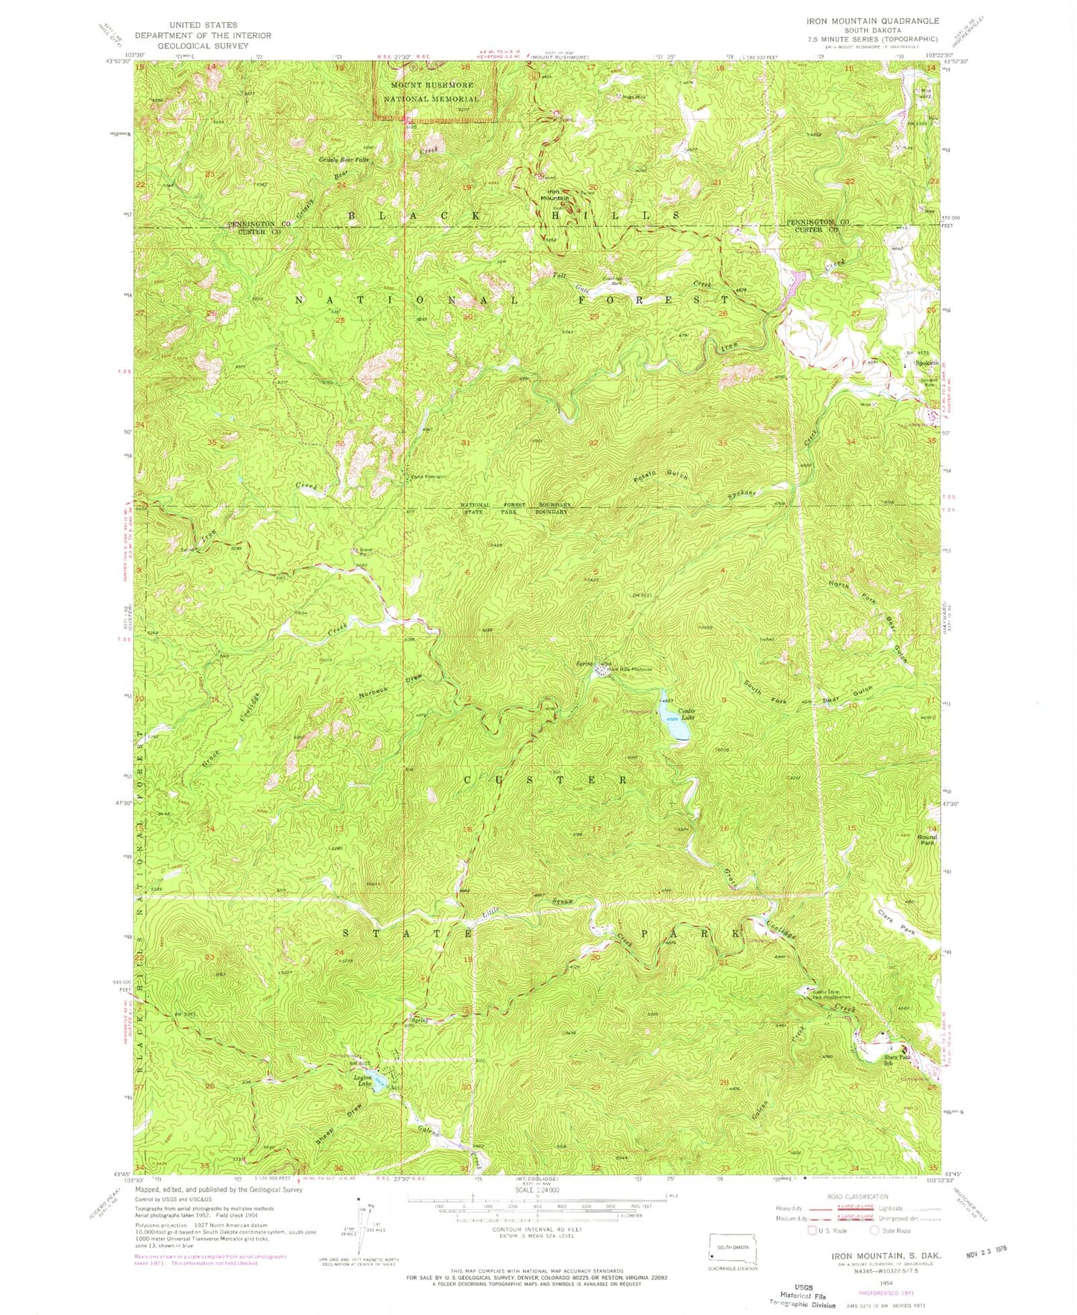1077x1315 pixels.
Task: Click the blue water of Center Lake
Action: [671, 720]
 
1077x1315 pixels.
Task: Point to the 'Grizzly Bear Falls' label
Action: [344, 159]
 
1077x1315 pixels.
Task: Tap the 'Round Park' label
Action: [926, 840]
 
